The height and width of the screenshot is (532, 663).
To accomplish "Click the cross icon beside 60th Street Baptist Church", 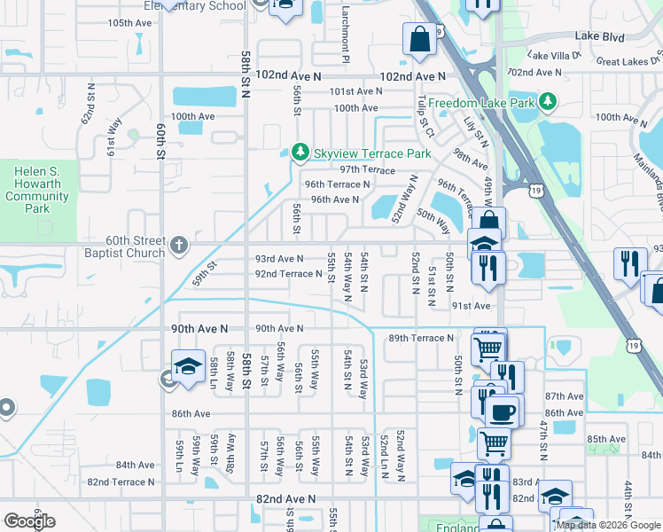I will (x=179, y=246).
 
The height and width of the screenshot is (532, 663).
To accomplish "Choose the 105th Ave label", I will (x=129, y=22).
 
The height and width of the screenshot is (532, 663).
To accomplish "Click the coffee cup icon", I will (x=503, y=411).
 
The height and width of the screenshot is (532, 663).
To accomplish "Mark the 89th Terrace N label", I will (x=421, y=338).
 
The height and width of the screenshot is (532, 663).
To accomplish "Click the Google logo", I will (x=29, y=521).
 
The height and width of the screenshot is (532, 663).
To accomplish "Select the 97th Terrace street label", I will (x=367, y=169).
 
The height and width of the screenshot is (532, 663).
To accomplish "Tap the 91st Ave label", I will (x=471, y=305).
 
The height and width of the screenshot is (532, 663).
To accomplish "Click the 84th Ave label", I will (x=136, y=465).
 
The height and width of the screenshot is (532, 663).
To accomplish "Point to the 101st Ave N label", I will (x=355, y=91).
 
